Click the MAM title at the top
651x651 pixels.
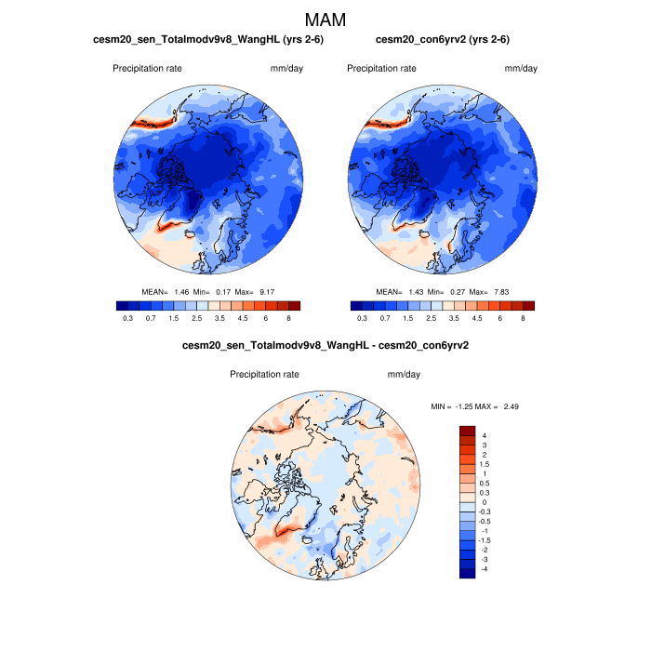tap(325, 20)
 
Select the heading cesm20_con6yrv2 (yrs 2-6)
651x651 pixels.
tap(442, 40)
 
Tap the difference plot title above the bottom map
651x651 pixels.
tap(325, 346)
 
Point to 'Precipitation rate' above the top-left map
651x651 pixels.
tap(148, 69)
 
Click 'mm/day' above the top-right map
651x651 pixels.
tap(521, 69)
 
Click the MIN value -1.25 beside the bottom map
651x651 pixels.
tap(471, 406)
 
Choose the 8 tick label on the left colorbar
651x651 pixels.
tap(288, 318)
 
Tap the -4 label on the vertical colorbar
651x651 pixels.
tap(483, 568)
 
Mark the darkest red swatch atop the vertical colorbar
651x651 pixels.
tap(467, 431)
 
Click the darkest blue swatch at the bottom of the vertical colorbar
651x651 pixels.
tap(467, 572)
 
